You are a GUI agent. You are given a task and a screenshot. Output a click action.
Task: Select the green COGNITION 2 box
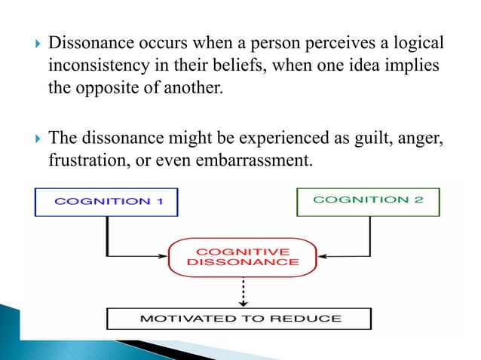pos(367,200)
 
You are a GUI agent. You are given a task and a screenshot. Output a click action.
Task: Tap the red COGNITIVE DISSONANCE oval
pos(242,255)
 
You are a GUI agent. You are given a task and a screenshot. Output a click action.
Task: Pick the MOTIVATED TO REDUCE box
pos(239,318)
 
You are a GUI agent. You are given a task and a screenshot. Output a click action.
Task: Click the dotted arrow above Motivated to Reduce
pos(242,290)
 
